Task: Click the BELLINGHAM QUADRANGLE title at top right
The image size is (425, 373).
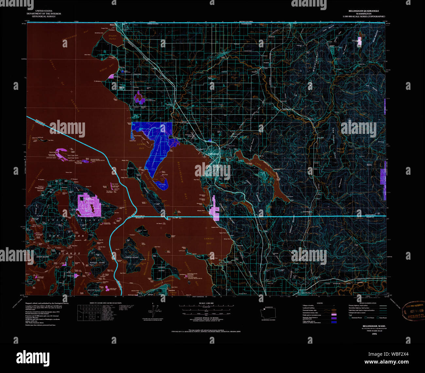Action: [364, 11]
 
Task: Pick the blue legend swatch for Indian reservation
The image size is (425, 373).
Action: [333, 322]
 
